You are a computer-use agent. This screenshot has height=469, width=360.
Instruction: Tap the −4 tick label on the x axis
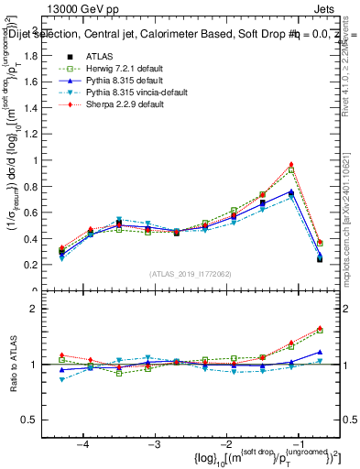point(83,444)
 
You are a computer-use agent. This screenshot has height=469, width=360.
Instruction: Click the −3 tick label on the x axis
point(153,444)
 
